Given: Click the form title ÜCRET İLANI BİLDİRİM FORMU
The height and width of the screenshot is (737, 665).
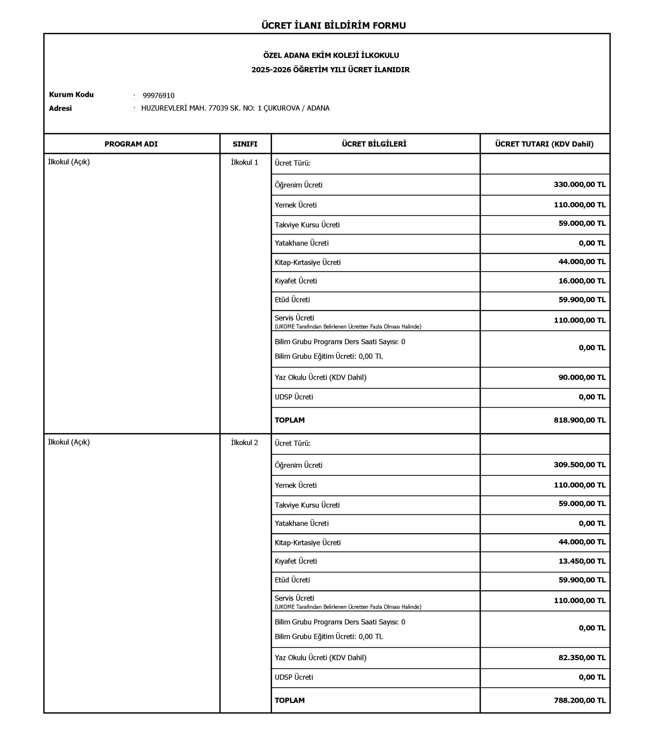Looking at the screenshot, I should [333, 26].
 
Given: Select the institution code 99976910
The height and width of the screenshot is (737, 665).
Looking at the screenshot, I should [158, 96].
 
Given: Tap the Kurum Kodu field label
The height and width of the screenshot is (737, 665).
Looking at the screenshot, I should [71, 94].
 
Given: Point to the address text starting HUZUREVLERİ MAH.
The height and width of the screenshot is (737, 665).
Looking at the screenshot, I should [235, 108].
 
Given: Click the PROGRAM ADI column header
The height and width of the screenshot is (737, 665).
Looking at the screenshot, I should [131, 144].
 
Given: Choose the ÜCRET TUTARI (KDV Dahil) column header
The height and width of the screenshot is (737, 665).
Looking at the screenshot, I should [544, 144].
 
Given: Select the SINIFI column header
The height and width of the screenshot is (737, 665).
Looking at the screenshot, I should [245, 144].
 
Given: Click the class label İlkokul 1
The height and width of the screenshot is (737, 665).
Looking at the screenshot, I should [244, 163].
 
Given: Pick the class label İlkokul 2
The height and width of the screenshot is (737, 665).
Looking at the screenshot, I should [244, 443].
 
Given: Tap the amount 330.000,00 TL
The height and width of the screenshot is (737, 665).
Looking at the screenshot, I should [580, 185].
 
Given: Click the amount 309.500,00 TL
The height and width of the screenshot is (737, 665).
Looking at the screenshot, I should [580, 464].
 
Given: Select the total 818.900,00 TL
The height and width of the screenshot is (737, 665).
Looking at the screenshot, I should [580, 420].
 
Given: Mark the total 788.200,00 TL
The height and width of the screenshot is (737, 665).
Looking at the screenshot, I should [580, 700].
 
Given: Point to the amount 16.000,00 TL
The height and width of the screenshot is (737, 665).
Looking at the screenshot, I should [582, 281].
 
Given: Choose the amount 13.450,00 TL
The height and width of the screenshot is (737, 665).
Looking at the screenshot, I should [582, 561].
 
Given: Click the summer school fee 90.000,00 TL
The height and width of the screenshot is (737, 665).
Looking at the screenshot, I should [582, 377].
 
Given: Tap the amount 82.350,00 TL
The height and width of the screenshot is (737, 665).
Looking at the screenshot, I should [582, 657].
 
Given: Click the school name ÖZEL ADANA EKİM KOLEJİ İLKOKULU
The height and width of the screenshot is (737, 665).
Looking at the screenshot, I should [331, 55].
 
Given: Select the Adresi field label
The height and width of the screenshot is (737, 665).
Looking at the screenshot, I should [60, 109].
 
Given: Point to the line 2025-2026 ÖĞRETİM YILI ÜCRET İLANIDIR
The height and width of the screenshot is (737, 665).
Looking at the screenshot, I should [330, 70].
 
